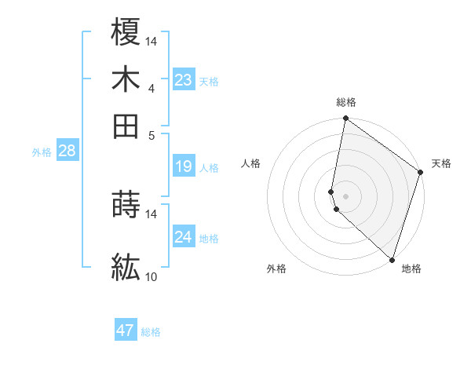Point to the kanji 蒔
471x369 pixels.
[x=126, y=205]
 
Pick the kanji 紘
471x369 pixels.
[x=126, y=268]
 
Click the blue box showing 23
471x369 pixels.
[x=183, y=79]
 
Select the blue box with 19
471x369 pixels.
[x=183, y=166]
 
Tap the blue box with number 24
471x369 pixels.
[x=183, y=236]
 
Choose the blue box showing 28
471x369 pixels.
[x=67, y=151]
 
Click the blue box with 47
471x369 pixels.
[x=125, y=331]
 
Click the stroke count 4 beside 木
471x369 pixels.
[x=152, y=88]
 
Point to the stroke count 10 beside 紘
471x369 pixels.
[x=152, y=276]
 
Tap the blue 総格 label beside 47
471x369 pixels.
[x=151, y=332]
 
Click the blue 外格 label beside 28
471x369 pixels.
[x=42, y=152]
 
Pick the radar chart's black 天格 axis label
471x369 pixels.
[x=441, y=163]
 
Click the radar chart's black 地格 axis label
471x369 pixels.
[x=411, y=269]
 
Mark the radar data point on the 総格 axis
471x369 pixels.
[x=345, y=119]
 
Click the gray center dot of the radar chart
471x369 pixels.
[x=345, y=195]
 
